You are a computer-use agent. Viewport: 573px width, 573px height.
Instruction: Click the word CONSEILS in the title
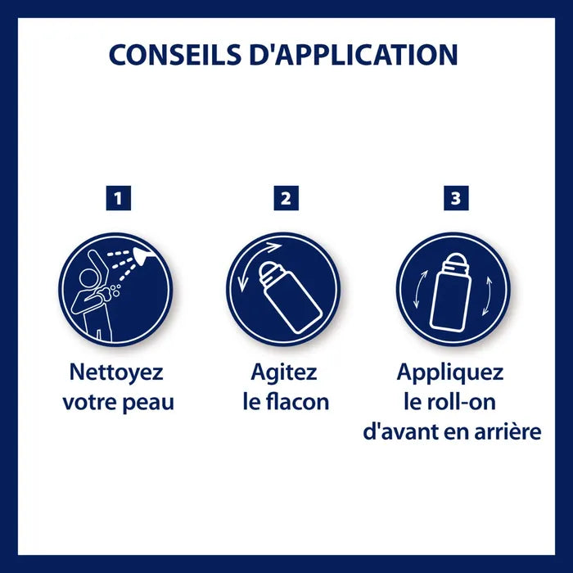(x=174, y=55)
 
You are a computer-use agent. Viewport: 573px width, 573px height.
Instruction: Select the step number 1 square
(x=119, y=198)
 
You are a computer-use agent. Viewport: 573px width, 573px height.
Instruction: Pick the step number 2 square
(x=286, y=198)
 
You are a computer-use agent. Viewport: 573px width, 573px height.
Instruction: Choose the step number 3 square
(x=456, y=198)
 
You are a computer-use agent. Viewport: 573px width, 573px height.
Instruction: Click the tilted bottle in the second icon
(x=290, y=296)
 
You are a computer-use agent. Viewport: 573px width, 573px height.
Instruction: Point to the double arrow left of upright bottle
(x=419, y=289)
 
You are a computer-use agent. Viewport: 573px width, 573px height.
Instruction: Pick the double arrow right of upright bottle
(x=487, y=296)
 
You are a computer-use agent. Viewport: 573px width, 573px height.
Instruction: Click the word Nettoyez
(x=116, y=372)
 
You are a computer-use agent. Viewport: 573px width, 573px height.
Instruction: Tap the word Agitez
(x=284, y=373)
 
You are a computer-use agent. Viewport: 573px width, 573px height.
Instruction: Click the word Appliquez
(x=450, y=373)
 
